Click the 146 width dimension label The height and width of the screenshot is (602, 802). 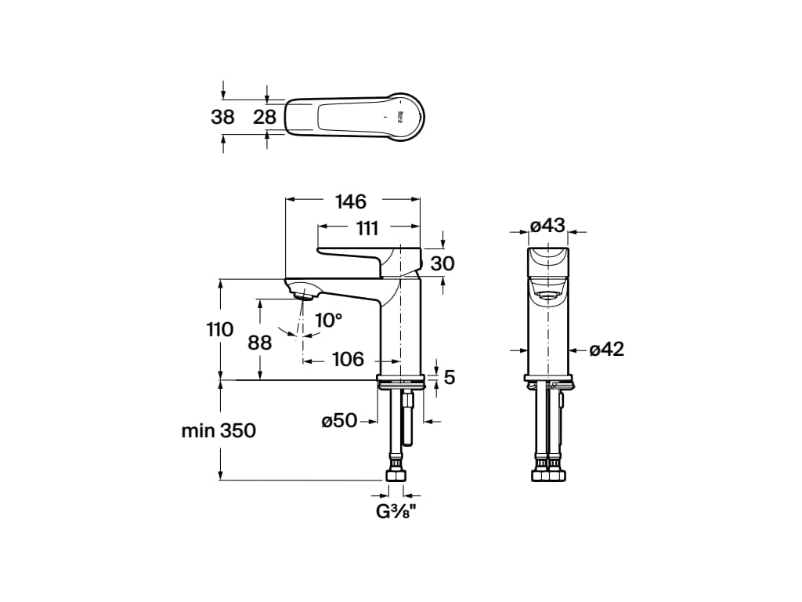[x=350, y=201]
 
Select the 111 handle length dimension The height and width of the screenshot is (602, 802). [x=367, y=228]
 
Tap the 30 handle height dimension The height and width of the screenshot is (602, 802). [x=443, y=263]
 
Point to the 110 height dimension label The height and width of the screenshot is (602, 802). [x=219, y=329]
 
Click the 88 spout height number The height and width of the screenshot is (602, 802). [x=259, y=343]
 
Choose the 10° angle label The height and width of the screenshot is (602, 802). [x=328, y=320]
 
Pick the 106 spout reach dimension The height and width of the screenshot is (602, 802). [x=348, y=359]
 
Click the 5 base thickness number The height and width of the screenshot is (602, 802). [x=449, y=377]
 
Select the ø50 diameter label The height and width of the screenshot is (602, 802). [x=339, y=421]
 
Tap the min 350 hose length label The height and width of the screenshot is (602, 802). [x=219, y=430]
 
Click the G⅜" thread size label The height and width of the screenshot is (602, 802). [x=396, y=513]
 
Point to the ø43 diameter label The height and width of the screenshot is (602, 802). [x=547, y=226]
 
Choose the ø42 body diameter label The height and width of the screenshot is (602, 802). [x=607, y=350]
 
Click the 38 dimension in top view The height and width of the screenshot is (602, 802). [x=222, y=118]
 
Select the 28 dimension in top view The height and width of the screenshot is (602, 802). [x=265, y=118]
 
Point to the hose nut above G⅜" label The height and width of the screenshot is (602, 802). [x=396, y=475]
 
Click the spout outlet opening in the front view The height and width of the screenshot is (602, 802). [x=547, y=295]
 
